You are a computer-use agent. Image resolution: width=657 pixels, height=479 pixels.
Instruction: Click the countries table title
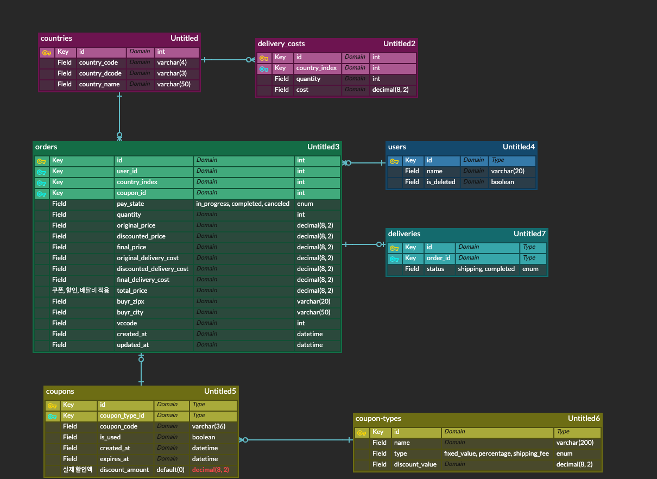(56, 38)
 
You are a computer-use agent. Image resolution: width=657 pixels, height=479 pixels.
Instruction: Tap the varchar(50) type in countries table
(174, 84)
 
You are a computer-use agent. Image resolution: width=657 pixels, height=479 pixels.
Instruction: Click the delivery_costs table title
(281, 43)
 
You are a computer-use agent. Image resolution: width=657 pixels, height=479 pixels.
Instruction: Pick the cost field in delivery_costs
(302, 90)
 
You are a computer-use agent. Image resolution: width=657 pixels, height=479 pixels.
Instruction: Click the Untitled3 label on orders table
(323, 147)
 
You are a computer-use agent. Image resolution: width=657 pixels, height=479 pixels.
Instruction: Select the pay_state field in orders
(130, 204)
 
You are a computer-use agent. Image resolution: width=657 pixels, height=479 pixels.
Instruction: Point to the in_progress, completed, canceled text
(243, 204)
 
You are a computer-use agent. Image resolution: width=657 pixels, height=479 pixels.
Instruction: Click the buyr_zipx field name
(130, 301)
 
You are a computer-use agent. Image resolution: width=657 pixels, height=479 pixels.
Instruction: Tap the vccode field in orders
(127, 323)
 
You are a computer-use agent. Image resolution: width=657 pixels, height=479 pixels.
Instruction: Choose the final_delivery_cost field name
(143, 280)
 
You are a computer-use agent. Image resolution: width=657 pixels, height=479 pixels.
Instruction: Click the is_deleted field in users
(441, 182)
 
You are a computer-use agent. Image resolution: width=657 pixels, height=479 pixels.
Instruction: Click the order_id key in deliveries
(439, 258)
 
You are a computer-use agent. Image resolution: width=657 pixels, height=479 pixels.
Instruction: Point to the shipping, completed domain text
(486, 269)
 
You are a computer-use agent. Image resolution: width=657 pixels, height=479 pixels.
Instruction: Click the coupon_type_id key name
(122, 415)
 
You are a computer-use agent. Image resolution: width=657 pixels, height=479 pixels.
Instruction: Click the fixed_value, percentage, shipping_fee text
(496, 453)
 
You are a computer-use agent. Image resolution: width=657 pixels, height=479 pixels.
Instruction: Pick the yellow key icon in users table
(394, 161)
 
